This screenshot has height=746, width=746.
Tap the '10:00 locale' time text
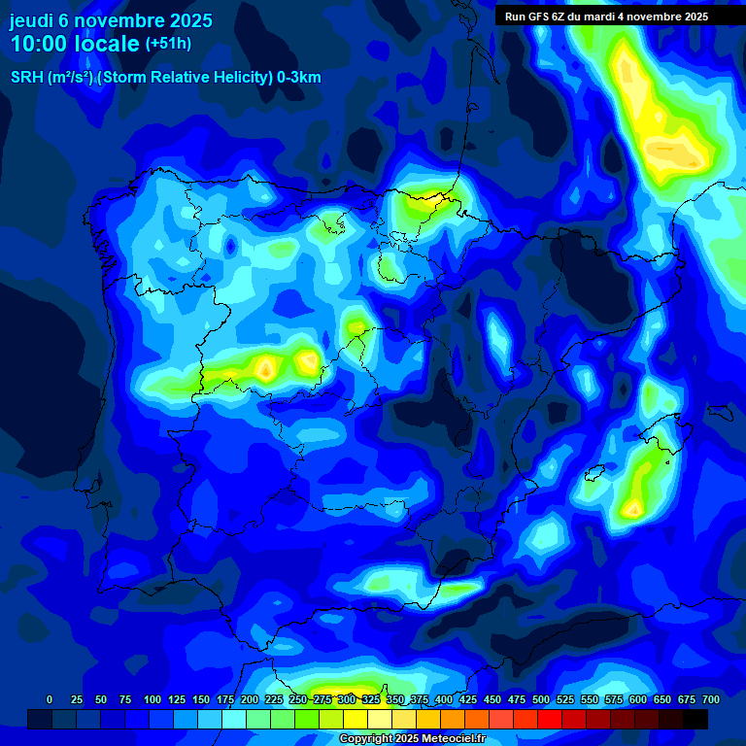(x=75, y=44)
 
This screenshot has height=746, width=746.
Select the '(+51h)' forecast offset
(x=168, y=44)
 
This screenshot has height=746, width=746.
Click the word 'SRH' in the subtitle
(x=26, y=78)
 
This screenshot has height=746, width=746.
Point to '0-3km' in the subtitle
(x=299, y=78)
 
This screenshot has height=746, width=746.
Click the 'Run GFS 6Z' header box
(x=606, y=17)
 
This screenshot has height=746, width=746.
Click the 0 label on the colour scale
(x=50, y=699)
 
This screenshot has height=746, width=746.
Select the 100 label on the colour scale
(x=153, y=699)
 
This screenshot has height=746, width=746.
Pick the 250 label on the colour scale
(x=298, y=699)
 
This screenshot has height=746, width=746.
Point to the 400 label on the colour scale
(x=444, y=699)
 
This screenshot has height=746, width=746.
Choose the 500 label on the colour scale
(x=541, y=699)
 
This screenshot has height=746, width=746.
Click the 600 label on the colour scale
(x=638, y=699)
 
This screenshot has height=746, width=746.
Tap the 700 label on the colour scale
(x=710, y=699)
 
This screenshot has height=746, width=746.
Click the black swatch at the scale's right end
(x=695, y=719)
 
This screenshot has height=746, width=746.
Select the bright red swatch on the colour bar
(x=550, y=719)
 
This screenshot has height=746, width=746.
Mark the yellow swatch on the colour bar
(x=356, y=719)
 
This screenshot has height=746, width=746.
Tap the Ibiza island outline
(x=589, y=475)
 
